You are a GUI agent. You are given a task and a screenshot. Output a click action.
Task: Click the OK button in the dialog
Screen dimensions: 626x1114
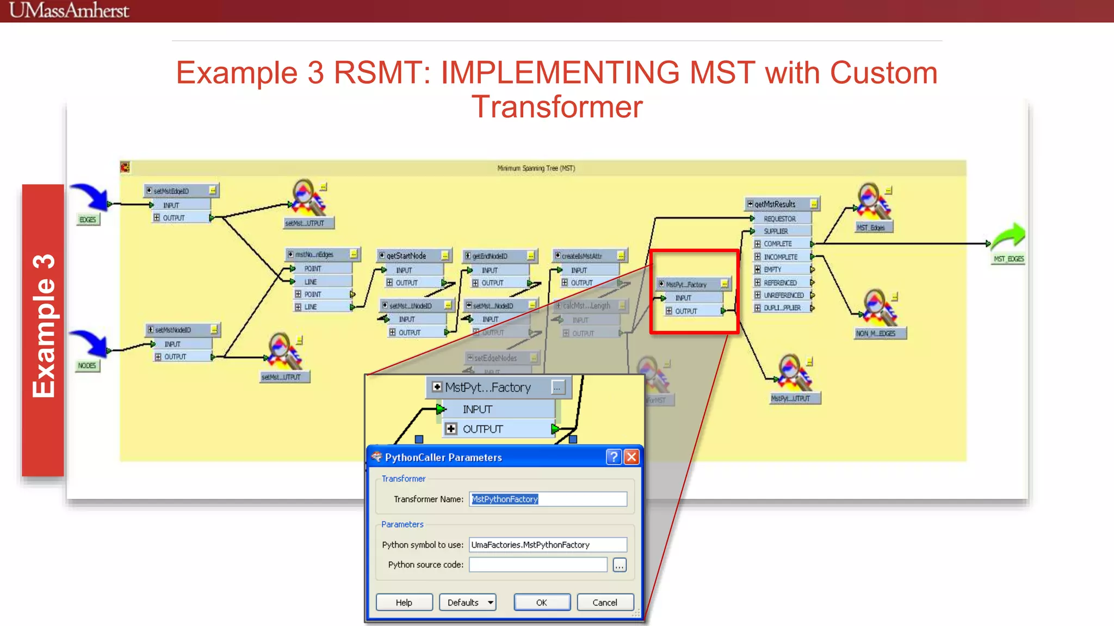(542, 602)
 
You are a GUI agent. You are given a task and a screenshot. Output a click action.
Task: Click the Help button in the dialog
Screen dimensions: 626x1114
(404, 602)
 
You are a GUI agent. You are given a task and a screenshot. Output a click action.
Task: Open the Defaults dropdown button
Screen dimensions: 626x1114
(468, 602)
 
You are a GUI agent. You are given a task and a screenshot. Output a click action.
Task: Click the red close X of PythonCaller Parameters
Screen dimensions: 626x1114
(632, 457)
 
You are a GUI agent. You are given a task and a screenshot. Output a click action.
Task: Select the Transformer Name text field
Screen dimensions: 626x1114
(547, 499)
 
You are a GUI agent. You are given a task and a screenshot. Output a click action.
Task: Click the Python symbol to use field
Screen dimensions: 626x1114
(547, 544)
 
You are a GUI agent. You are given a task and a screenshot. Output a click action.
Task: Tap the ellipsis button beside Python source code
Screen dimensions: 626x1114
(620, 565)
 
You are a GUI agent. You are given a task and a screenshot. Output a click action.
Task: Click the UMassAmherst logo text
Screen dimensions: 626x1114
(69, 10)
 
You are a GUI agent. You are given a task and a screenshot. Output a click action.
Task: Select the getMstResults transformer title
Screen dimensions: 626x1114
(775, 204)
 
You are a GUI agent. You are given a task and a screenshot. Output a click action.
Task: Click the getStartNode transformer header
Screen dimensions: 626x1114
(407, 255)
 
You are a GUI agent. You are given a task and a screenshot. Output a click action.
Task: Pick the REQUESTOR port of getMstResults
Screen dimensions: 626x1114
(779, 218)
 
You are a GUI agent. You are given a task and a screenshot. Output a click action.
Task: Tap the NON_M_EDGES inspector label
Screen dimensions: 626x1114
(875, 333)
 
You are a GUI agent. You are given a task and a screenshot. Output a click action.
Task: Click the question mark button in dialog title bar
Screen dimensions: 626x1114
(614, 457)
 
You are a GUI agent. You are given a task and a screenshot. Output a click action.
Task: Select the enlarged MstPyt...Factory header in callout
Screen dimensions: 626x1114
(488, 387)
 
